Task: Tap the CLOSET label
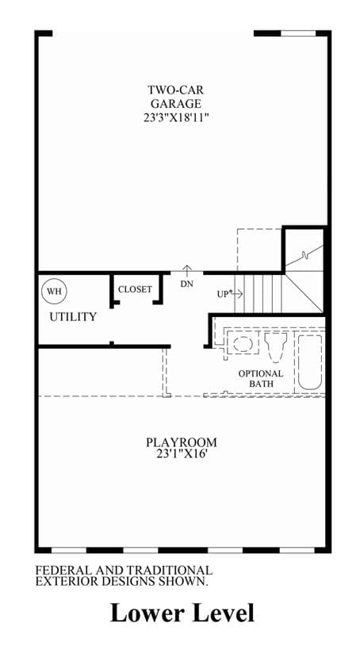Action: (x=135, y=289)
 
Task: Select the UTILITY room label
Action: (x=73, y=317)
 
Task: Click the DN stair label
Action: (x=187, y=284)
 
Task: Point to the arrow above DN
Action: (x=187, y=270)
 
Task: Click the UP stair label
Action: (x=223, y=294)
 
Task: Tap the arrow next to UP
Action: (x=237, y=294)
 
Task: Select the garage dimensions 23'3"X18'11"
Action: (x=176, y=117)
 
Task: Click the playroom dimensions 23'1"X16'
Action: (x=181, y=455)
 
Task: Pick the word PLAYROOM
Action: (x=182, y=443)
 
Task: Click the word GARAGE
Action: (x=176, y=103)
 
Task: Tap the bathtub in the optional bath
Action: (x=310, y=361)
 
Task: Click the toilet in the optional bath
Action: (x=275, y=347)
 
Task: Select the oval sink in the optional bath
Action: (x=240, y=343)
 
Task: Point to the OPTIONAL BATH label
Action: (x=261, y=379)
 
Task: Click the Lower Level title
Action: (x=182, y=614)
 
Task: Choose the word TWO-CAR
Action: (x=176, y=90)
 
